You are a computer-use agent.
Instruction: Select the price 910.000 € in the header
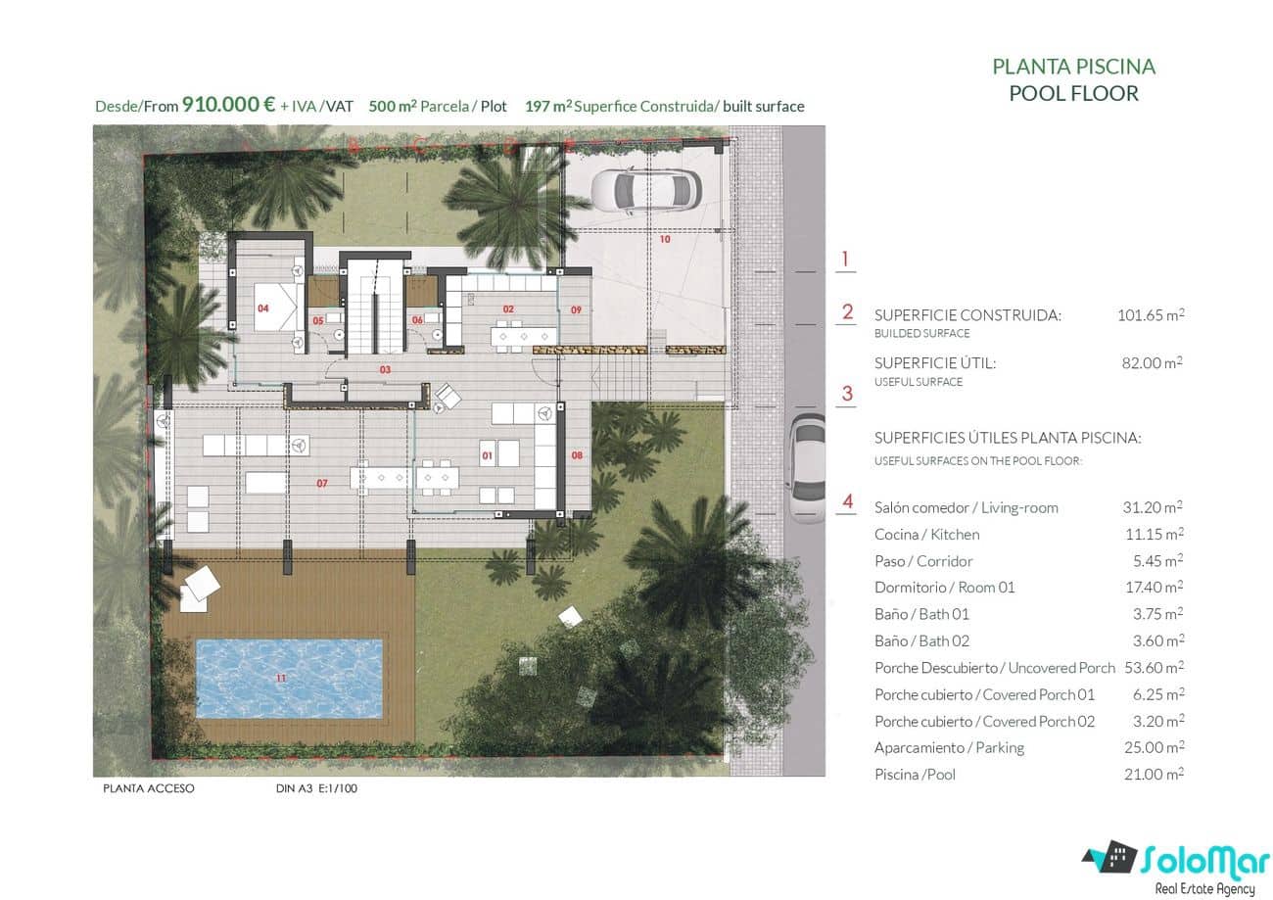228,106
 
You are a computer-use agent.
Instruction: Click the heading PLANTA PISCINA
1073,67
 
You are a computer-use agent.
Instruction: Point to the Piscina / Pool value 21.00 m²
1153,774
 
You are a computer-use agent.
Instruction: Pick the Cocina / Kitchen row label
926,534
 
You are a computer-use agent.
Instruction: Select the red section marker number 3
847,394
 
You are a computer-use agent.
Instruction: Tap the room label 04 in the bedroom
263,308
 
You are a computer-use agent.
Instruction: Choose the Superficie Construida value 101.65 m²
1151,315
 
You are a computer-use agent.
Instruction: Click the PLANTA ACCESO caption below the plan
149,788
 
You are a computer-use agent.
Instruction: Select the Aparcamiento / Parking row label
949,747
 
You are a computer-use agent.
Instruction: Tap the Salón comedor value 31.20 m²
1153,507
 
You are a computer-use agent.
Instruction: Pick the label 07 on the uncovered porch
321,484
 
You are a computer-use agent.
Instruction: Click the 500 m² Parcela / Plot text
438,106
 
